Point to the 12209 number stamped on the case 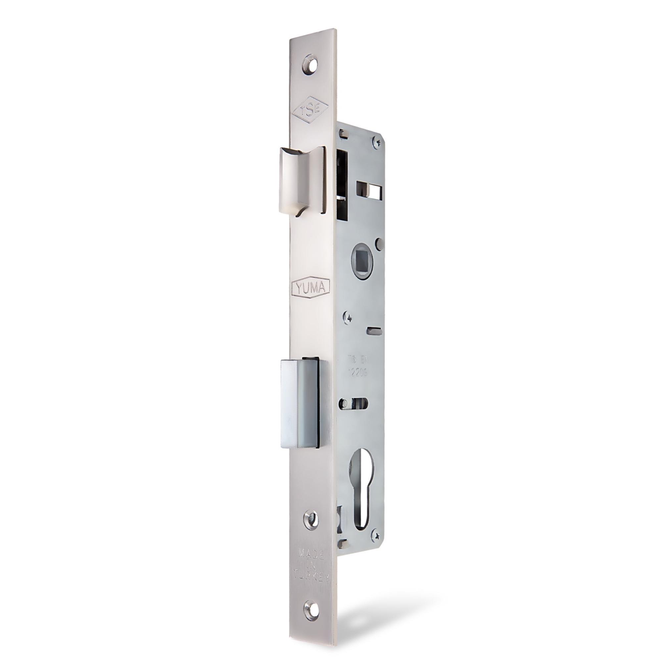[358, 373]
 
